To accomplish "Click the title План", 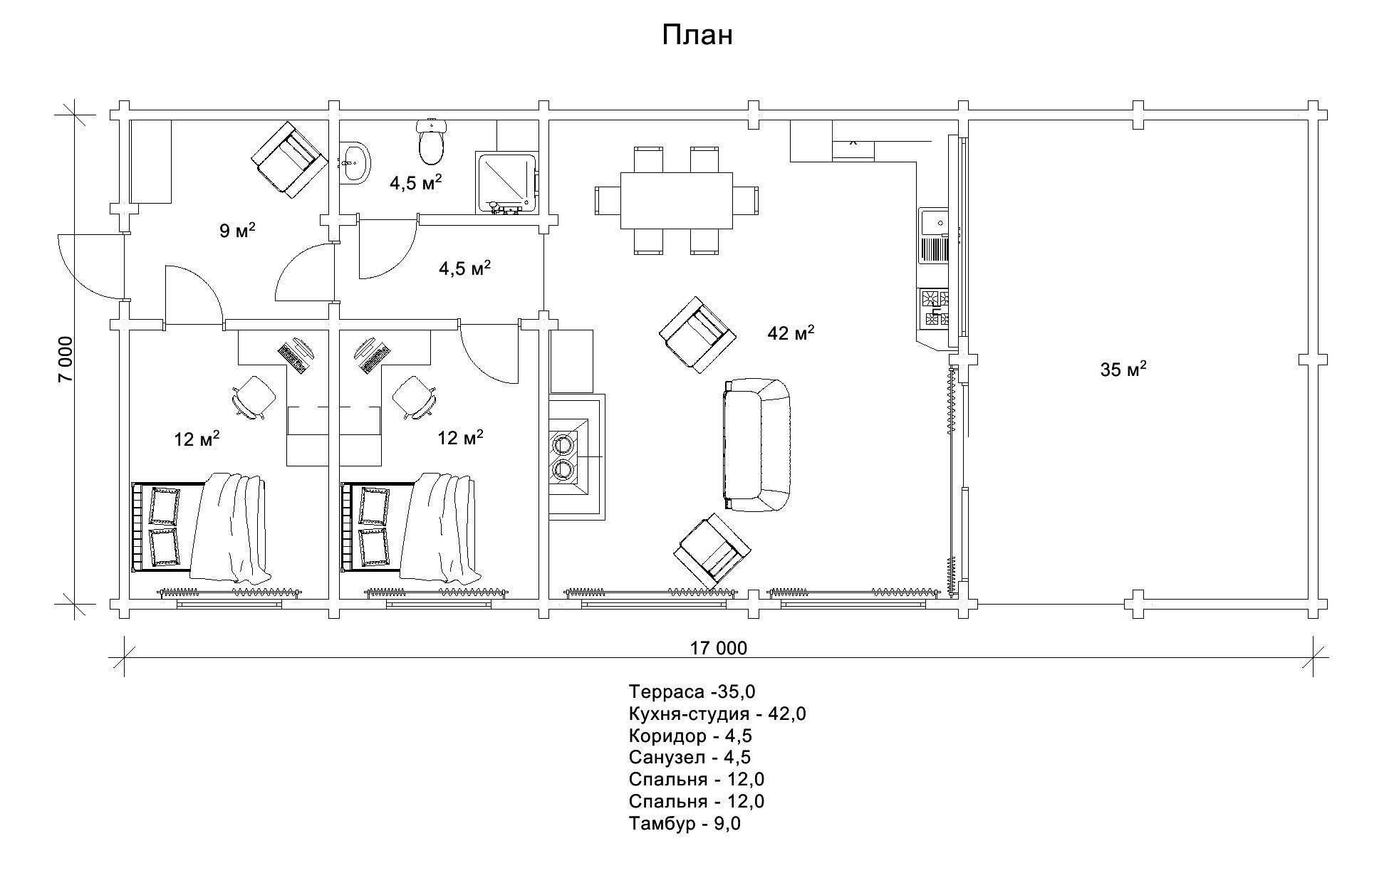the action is pyautogui.click(x=697, y=35).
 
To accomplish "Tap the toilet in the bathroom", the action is pyautogui.click(x=432, y=141).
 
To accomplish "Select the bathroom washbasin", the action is pyautogui.click(x=354, y=162).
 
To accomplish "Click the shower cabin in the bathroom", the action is pyautogui.click(x=506, y=182).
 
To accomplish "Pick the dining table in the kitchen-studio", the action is pyautogui.click(x=677, y=200).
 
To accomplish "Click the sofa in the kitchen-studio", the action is pyautogui.click(x=756, y=445).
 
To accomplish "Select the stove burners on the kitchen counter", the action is pyautogui.click(x=935, y=308).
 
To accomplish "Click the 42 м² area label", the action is pyautogui.click(x=791, y=332).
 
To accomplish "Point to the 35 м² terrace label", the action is pyautogui.click(x=1123, y=369).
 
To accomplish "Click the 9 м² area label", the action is pyautogui.click(x=237, y=230).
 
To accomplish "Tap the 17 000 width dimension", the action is pyautogui.click(x=719, y=648).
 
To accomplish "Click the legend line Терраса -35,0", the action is pyautogui.click(x=692, y=691).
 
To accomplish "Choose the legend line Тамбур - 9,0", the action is pyautogui.click(x=685, y=824).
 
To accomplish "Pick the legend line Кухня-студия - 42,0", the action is pyautogui.click(x=717, y=714).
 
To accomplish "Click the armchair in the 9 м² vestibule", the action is pyautogui.click(x=288, y=160).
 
